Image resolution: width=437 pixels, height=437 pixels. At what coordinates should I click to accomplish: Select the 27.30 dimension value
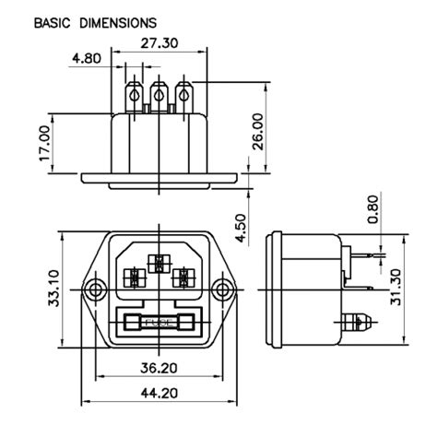coord(159,42)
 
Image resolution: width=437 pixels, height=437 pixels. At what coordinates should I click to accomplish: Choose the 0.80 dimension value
coord(372,209)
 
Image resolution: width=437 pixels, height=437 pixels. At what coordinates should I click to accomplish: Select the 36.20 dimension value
coord(159,367)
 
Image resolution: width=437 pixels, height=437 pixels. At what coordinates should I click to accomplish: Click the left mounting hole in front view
coord(93,291)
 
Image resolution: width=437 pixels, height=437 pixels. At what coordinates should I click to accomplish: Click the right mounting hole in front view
coord(221,291)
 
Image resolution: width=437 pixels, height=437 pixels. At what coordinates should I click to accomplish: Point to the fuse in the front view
coord(158,325)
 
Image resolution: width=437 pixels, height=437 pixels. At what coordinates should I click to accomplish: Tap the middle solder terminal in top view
coord(159,95)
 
